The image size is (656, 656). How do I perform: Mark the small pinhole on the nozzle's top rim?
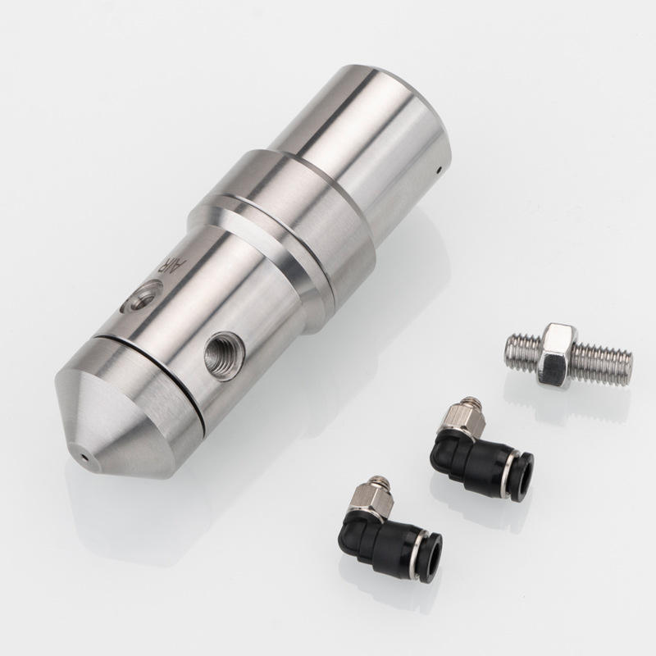(439, 170)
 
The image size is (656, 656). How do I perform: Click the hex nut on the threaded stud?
(557, 355)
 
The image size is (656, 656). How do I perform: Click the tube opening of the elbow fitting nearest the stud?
(523, 476)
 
